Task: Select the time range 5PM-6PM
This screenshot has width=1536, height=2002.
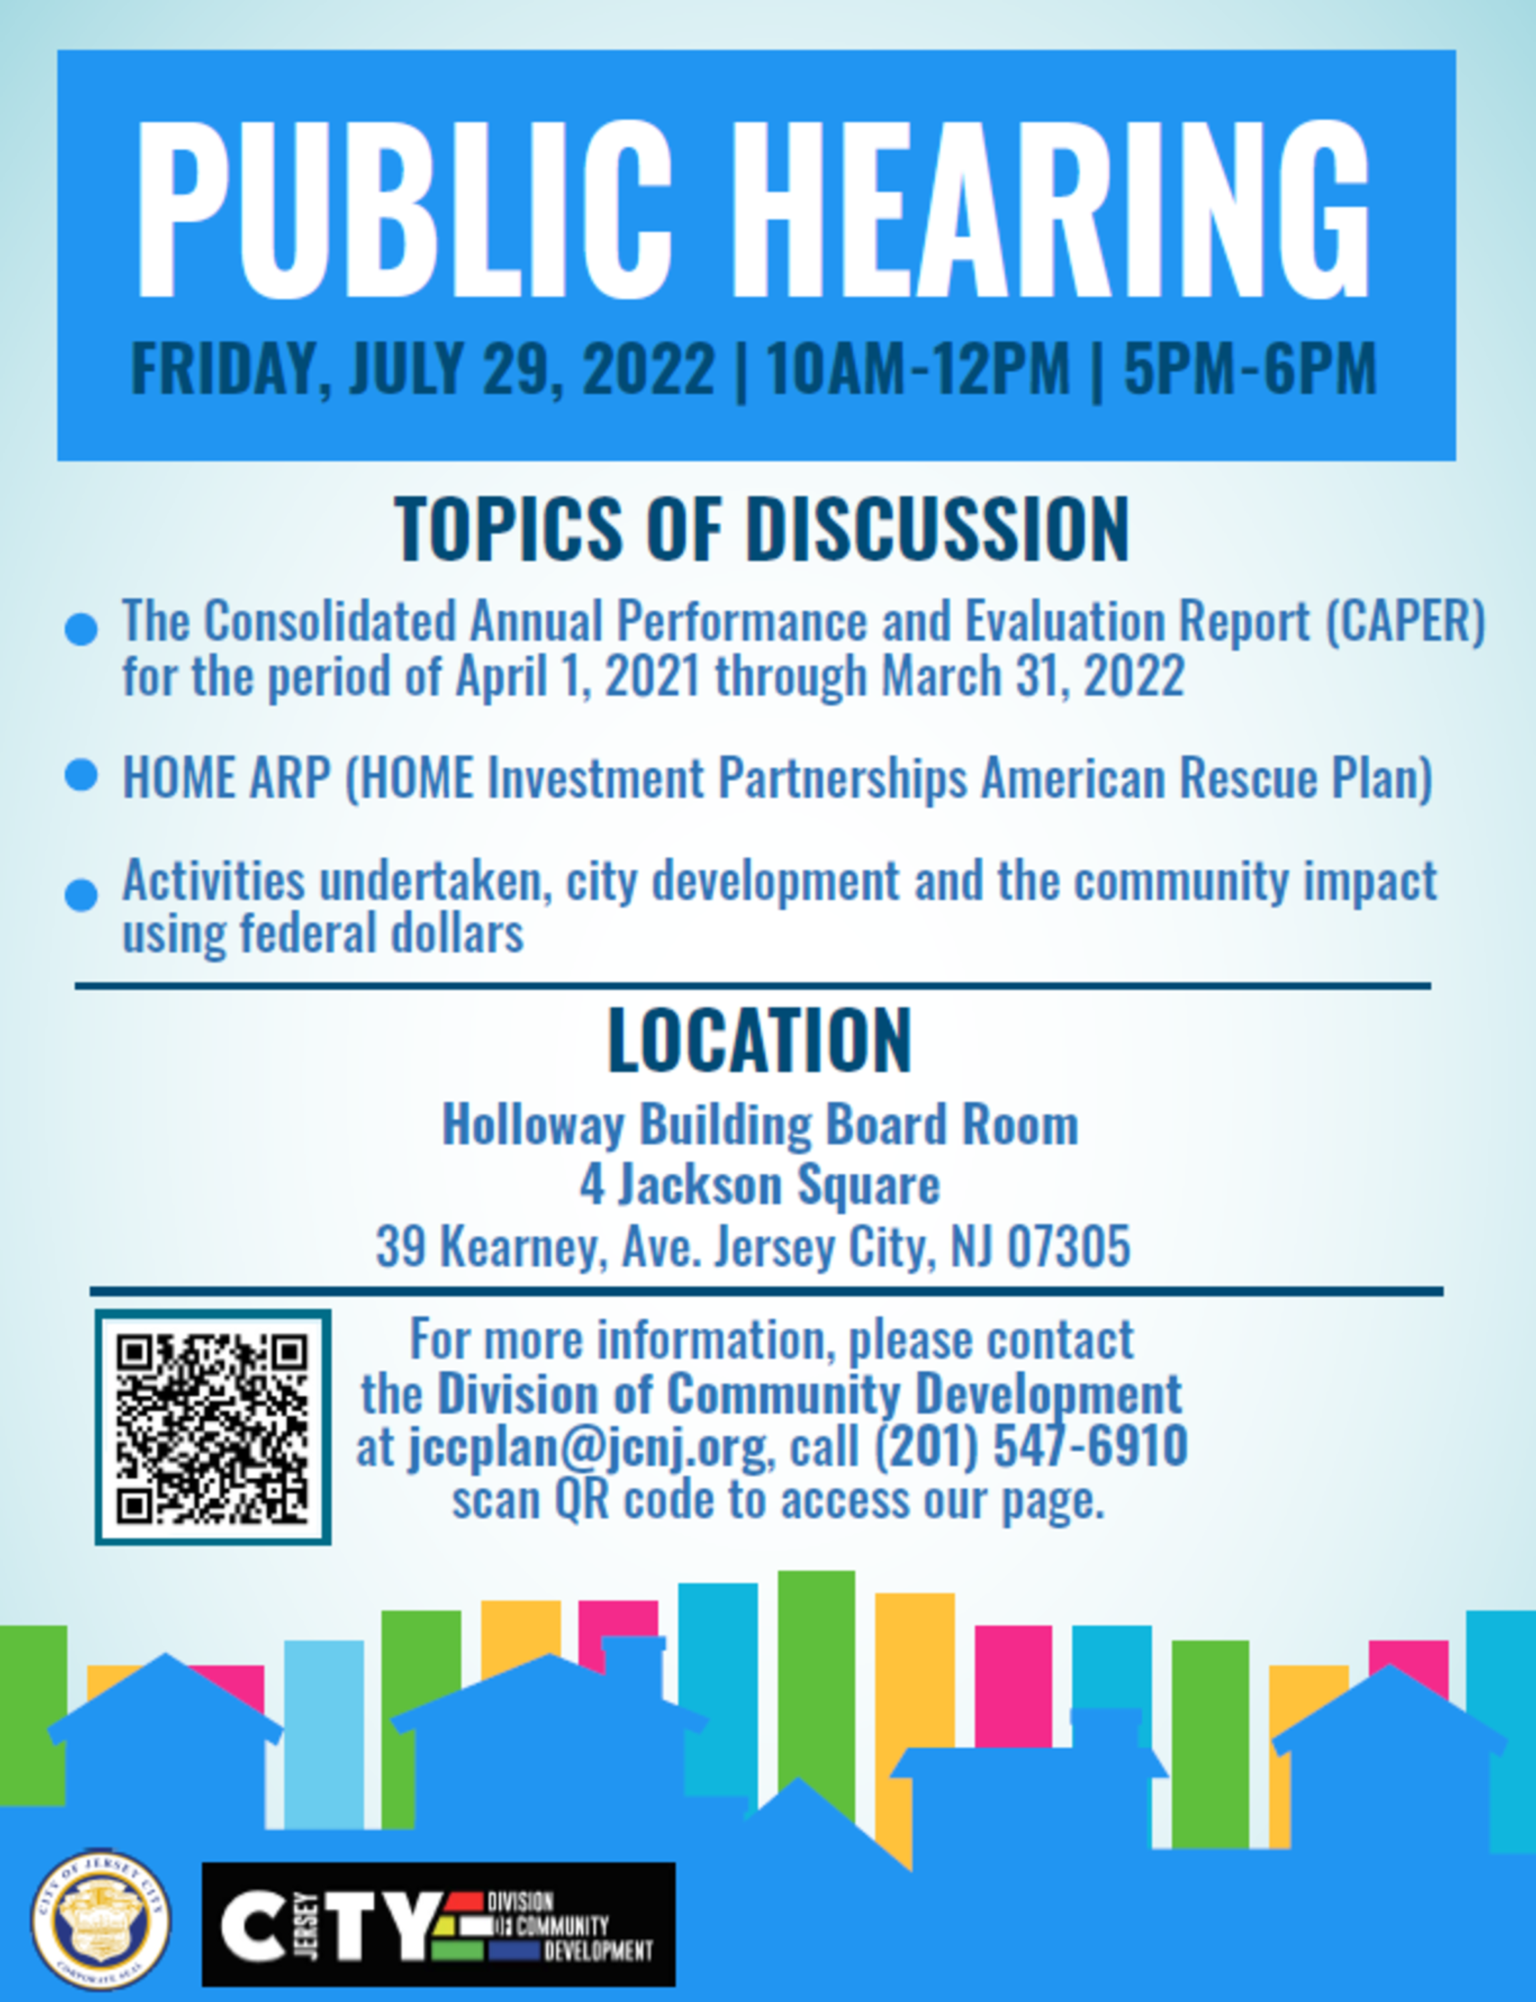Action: click(1250, 368)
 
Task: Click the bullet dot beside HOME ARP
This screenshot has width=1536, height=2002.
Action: click(81, 775)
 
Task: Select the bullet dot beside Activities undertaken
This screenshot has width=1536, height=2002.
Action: click(81, 895)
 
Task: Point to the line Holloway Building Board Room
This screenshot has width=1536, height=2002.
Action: click(761, 1125)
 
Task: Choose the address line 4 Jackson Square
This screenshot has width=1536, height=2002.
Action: click(760, 1186)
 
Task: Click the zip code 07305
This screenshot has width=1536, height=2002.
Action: click(1069, 1246)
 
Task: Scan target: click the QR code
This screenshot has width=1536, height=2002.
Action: click(213, 1427)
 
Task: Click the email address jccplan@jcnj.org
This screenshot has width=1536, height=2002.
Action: click(587, 1447)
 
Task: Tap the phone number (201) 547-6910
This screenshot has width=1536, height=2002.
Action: click(1031, 1446)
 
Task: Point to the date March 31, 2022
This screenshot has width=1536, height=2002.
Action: click(1033, 677)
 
